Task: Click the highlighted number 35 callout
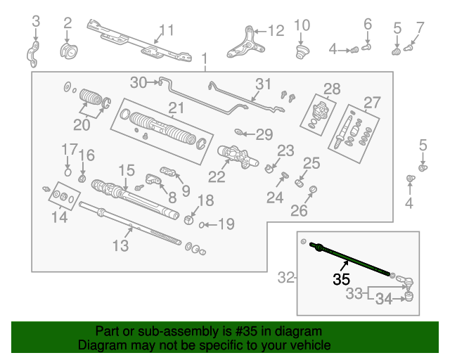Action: [x=341, y=278]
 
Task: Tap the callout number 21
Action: [x=176, y=108]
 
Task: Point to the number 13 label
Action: [x=120, y=245]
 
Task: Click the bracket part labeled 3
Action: [x=33, y=54]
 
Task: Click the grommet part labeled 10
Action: [x=302, y=51]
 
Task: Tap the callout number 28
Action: [x=332, y=89]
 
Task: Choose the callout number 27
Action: [x=372, y=103]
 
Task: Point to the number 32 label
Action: [x=285, y=278]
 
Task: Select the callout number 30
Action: [x=139, y=83]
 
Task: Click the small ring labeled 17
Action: [x=67, y=172]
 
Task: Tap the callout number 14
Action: [x=59, y=217]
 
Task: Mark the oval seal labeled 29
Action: [x=239, y=132]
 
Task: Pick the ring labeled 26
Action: [x=313, y=189]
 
